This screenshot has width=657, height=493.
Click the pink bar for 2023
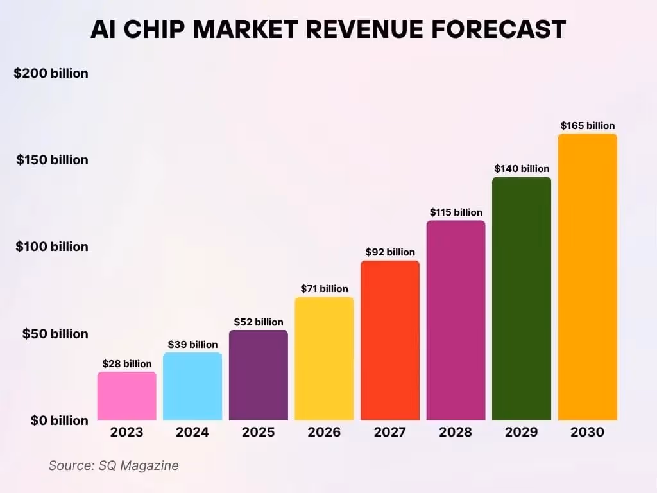[x=126, y=396]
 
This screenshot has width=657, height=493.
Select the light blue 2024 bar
[x=192, y=386]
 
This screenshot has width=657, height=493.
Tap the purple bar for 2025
[x=258, y=376]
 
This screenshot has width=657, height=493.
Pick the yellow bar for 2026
[x=324, y=359]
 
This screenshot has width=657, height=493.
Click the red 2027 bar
[x=389, y=340]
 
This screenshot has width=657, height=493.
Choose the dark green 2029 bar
[x=522, y=298]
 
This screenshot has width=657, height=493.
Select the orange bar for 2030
[x=587, y=277]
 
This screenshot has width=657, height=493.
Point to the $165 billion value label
[x=587, y=126]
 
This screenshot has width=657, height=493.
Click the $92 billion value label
[x=389, y=252]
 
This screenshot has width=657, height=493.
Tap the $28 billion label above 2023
[x=126, y=364]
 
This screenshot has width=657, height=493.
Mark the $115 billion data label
[x=456, y=212]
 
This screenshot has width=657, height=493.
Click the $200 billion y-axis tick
[x=51, y=73]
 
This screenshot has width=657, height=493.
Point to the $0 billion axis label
[x=59, y=420]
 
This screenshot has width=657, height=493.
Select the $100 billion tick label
[x=51, y=246]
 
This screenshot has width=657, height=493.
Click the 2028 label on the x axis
[x=456, y=432]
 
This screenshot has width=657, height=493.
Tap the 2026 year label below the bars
[x=324, y=432]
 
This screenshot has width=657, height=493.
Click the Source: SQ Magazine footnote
[x=114, y=465]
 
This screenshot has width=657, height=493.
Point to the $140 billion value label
[x=522, y=169]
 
